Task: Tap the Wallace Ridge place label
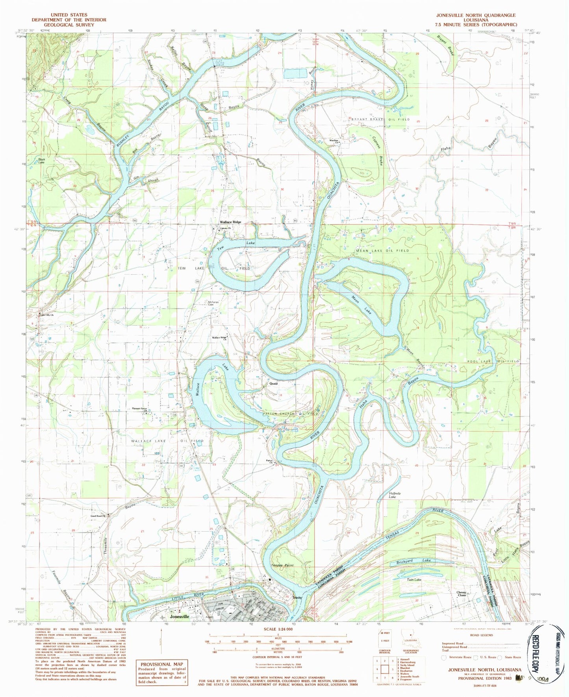point(230,222)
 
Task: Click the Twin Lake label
point(414,579)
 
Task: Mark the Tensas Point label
point(282,565)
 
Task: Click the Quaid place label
point(273,383)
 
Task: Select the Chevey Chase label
point(462,594)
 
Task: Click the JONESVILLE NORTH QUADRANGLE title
point(475,15)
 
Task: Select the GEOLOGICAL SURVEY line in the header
point(69,24)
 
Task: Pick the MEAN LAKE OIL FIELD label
point(382,250)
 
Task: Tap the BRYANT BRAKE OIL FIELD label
point(381,119)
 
